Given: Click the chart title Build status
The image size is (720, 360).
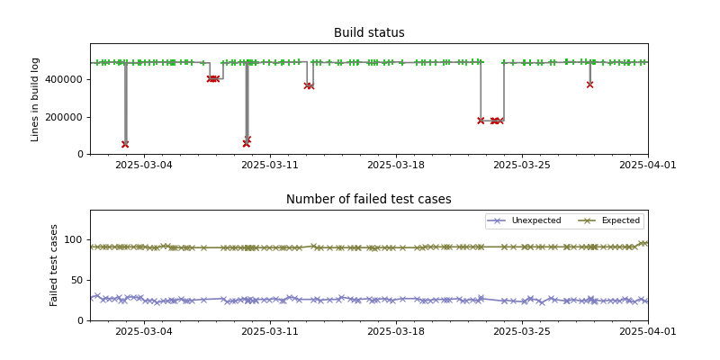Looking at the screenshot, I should click(369, 33).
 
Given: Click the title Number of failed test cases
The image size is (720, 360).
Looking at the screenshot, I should click(369, 200).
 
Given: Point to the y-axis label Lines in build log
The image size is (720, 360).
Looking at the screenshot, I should click(36, 99).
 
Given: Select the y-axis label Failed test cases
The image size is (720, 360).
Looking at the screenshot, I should click(54, 265).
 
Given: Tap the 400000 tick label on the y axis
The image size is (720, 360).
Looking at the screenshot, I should click(64, 79).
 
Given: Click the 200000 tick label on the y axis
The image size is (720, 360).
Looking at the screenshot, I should click(64, 117).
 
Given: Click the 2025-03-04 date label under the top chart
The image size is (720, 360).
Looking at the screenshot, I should click(143, 166).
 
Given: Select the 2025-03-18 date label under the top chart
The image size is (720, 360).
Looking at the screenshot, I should click(395, 166).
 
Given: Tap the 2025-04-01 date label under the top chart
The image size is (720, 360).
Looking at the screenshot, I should click(647, 166).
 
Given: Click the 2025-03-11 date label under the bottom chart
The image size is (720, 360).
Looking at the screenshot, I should click(269, 332).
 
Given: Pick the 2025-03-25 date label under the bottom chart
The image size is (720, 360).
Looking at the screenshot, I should click(521, 332).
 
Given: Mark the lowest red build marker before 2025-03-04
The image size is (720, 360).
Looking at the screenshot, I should click(125, 144).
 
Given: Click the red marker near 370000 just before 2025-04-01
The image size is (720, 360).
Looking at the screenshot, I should click(589, 85).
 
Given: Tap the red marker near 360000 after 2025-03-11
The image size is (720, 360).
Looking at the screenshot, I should click(309, 86).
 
